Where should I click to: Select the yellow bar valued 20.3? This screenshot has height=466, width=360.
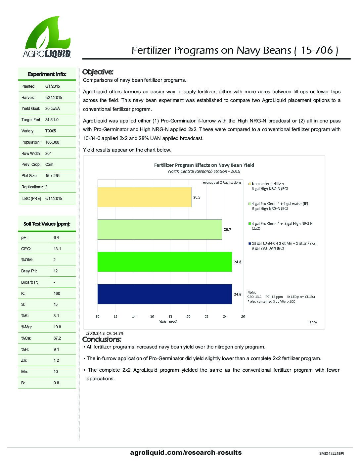[x=144, y=197]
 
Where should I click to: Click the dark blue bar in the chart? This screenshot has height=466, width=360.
[x=164, y=294]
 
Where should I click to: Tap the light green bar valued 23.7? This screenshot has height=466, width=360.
[x=159, y=229]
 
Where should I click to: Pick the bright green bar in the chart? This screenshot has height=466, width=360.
[x=164, y=262]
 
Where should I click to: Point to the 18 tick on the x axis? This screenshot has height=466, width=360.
[x=170, y=316]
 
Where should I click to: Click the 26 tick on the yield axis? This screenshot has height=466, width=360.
[x=243, y=316]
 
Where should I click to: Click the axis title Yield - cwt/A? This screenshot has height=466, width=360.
[x=168, y=321]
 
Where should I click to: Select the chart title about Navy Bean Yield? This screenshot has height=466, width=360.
[x=204, y=165]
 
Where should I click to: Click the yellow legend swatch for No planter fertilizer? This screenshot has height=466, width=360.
[x=250, y=184]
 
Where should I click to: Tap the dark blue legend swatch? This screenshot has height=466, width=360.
[x=250, y=243]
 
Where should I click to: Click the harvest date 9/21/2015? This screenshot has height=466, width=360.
[x=54, y=98]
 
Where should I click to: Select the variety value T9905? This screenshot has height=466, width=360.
[x=51, y=131]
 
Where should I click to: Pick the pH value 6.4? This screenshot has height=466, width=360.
[x=56, y=238]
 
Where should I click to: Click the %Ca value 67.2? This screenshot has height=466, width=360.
[x=57, y=338]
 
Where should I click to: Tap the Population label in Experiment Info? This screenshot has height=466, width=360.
[x=31, y=142]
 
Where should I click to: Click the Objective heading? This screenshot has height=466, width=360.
[x=98, y=72]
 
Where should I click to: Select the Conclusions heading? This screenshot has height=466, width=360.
[x=102, y=339]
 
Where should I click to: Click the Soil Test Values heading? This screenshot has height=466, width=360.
[x=47, y=224]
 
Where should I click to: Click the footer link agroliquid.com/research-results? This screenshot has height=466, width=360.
[x=186, y=452]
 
